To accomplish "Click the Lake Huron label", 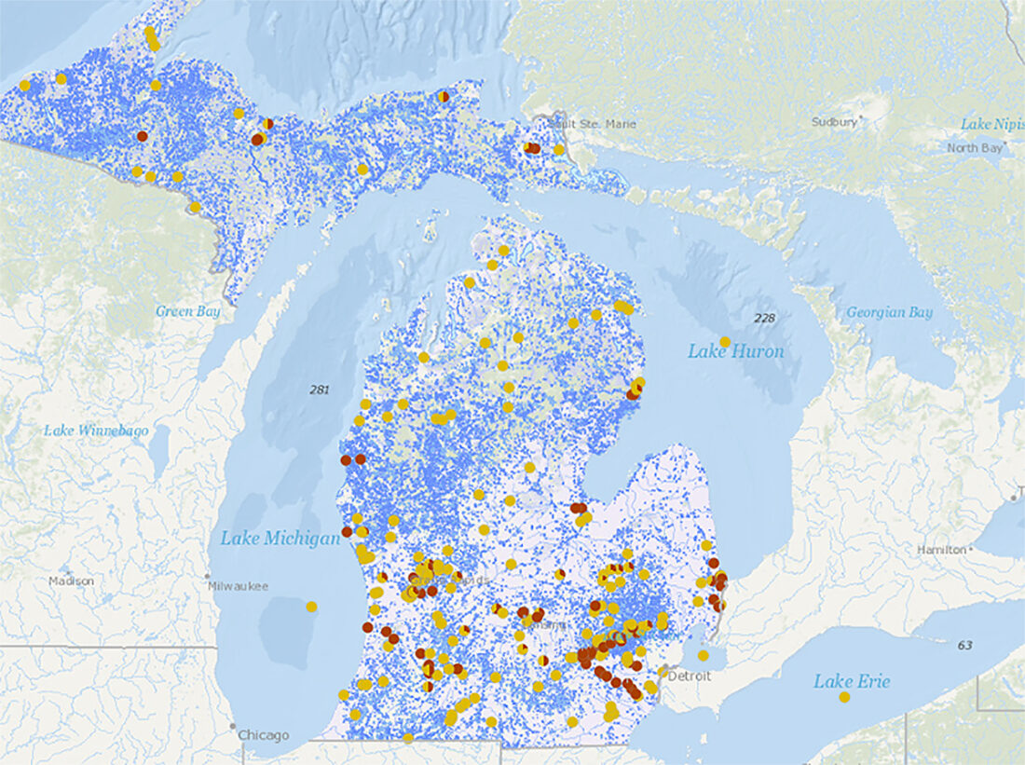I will [735, 351].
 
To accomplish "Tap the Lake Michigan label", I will [280, 539].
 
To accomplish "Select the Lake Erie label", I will [852, 681].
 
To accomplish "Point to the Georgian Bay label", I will [889, 312].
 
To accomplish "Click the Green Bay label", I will [188, 311].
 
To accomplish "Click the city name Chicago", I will [263, 735].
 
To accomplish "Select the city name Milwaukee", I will [238, 586].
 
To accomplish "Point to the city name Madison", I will [72, 581].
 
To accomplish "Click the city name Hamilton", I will [941, 550].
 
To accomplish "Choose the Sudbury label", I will [834, 122].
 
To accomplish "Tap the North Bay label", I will [975, 148].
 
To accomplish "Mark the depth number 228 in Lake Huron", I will [764, 319].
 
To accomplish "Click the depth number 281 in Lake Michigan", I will [320, 389].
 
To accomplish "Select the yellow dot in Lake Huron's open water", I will [725, 342].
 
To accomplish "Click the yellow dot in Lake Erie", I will [844, 697].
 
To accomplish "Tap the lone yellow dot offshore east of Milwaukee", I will [311, 607].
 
